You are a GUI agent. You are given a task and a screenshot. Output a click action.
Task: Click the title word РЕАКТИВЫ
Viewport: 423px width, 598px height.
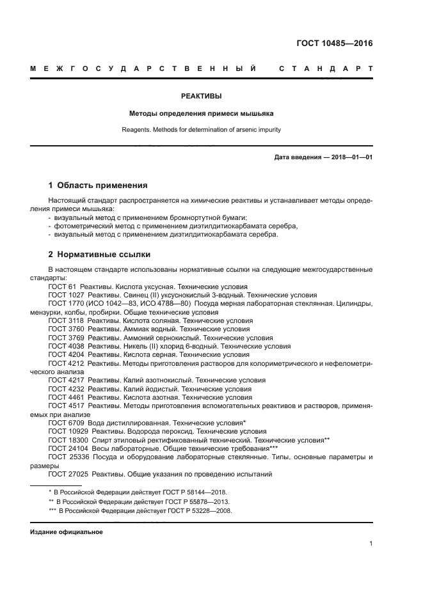click(x=202, y=96)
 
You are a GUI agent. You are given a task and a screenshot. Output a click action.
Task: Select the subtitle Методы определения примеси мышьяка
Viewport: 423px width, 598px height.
click(x=202, y=113)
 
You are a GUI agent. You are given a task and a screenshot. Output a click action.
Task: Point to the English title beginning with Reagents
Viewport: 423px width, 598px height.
click(x=202, y=130)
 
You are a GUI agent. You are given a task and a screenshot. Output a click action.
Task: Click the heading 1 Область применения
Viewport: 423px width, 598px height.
click(x=98, y=185)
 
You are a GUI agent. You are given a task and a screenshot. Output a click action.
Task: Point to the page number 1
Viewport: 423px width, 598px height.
click(x=371, y=544)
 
